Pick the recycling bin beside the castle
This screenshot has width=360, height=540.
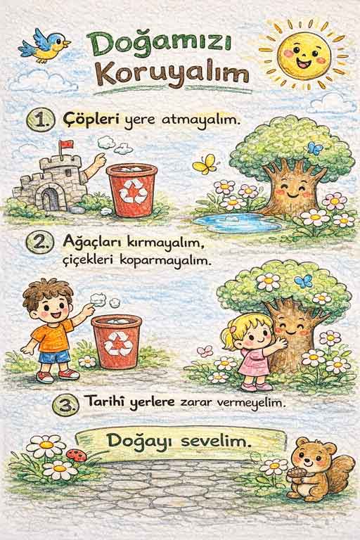pos(131,191)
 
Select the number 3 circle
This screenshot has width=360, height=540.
pos(64,404)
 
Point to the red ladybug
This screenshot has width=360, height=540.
pos(77,455)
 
